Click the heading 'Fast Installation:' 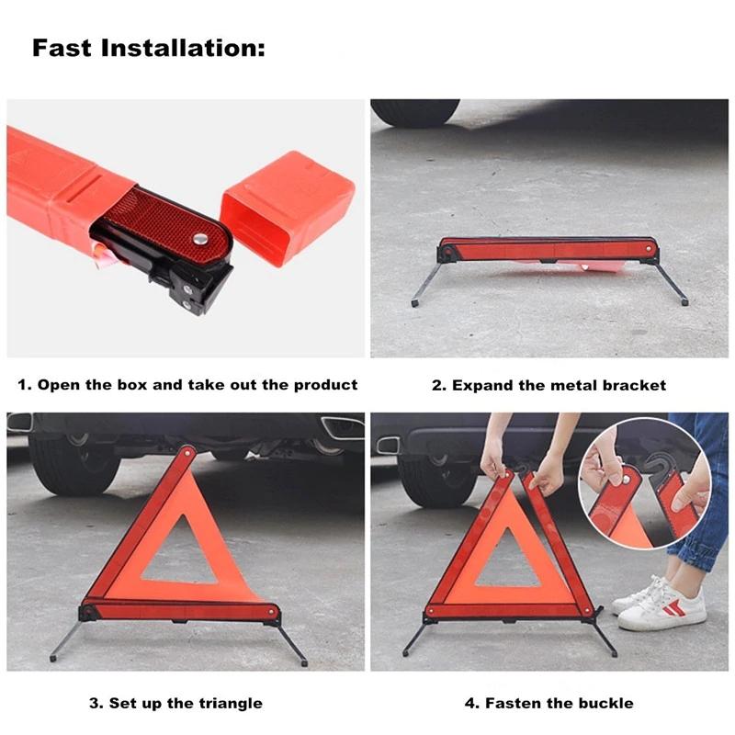[148, 48]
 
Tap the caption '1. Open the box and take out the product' [187, 385]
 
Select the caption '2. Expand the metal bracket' [548, 385]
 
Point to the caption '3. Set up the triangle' [175, 703]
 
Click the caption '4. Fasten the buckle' [548, 703]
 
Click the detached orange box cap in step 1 [287, 208]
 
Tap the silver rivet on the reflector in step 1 [201, 239]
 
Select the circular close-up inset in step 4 [645, 483]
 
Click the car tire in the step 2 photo [416, 112]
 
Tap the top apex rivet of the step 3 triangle [187, 453]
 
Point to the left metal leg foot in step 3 [53, 659]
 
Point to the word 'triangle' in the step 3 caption [231, 703]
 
